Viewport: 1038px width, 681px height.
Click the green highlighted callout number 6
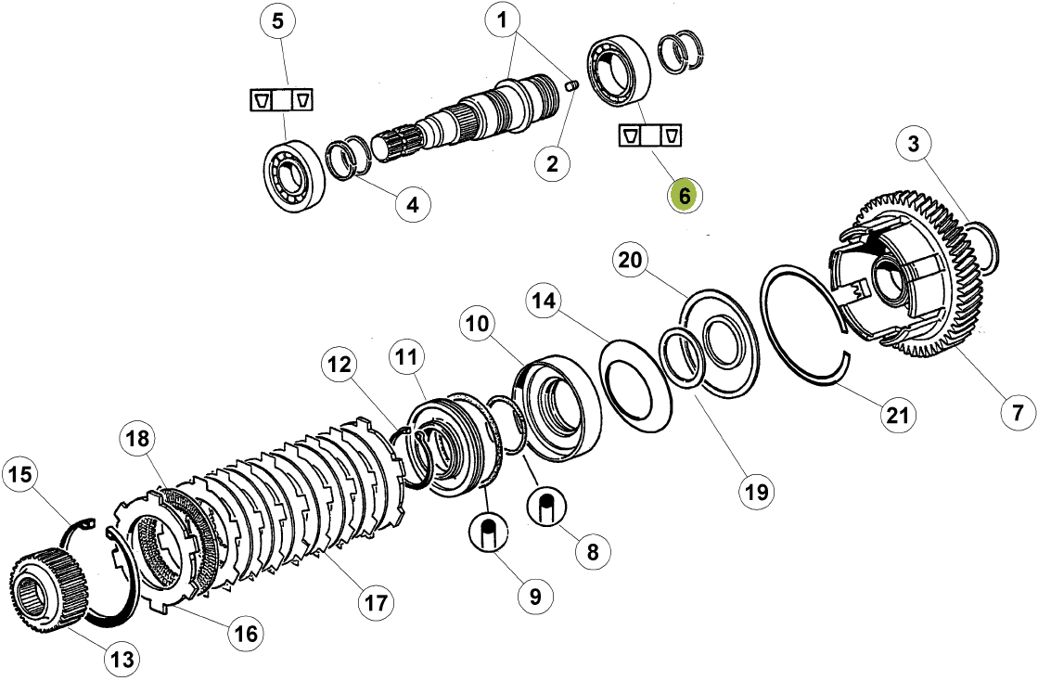coord(685,196)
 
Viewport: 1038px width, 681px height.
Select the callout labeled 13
coord(122,660)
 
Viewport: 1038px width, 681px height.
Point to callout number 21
coord(895,414)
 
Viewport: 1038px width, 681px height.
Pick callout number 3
coord(914,145)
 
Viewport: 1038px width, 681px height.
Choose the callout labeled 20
coord(631,262)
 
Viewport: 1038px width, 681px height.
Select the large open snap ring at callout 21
coord(807,325)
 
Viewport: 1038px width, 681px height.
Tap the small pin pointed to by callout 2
coord(570,86)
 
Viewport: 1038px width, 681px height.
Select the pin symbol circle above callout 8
coord(546,507)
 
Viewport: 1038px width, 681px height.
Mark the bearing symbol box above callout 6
coord(650,135)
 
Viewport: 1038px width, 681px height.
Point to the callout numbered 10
coord(479,325)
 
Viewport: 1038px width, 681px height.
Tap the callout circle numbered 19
coord(757,491)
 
